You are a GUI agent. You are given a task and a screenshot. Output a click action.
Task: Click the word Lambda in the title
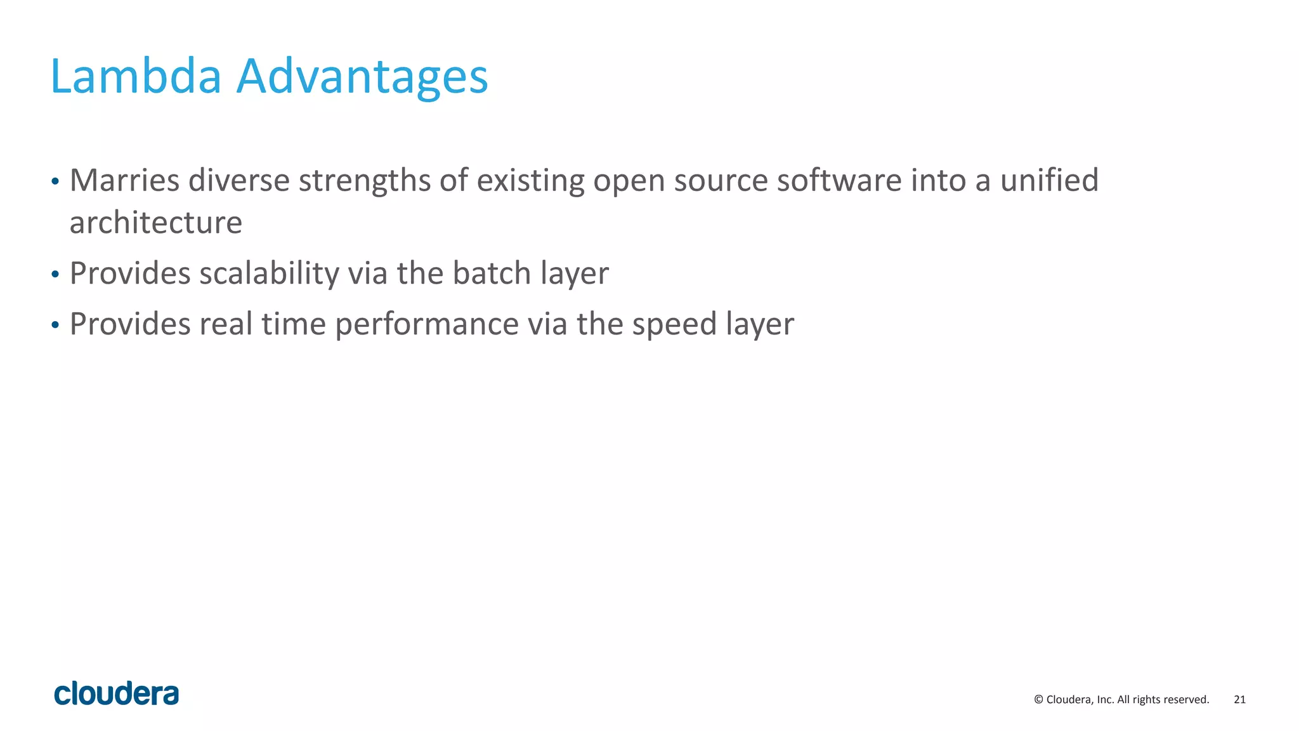136,77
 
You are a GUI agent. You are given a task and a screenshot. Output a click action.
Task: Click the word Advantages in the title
362,77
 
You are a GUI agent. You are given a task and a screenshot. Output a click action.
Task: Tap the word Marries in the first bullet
124,180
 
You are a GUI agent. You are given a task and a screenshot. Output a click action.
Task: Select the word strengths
365,181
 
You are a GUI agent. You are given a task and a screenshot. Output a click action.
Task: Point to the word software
839,180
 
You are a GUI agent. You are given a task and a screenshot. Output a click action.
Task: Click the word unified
1049,180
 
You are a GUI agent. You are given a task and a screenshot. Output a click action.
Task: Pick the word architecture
155,223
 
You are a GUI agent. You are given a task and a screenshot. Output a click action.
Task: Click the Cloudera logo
117,694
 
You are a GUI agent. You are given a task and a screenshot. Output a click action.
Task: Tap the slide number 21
1239,699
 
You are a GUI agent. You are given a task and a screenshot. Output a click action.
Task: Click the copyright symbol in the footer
1038,699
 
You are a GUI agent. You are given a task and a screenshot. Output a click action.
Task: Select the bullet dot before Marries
55,182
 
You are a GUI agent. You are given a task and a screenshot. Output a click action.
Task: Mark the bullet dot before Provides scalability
55,275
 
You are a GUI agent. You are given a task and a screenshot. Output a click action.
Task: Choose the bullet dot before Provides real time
55,326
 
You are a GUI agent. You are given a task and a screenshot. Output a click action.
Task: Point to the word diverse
238,180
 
